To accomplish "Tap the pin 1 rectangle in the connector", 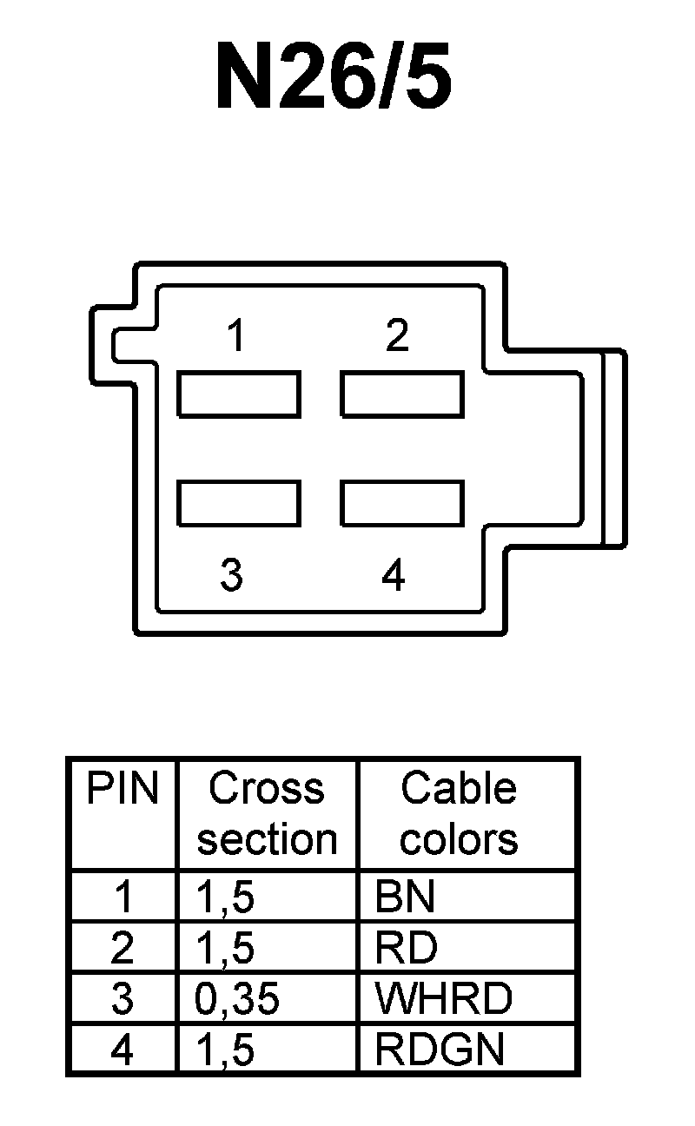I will tap(239, 394).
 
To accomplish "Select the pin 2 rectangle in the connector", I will tap(401, 394).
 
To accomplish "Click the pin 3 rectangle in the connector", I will tap(239, 502).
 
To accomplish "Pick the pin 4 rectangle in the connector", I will tap(401, 502).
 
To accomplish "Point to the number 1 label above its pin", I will tap(235, 335).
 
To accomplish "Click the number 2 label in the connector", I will tap(397, 335).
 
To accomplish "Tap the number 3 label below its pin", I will tap(231, 575).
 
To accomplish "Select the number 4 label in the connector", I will tap(394, 575).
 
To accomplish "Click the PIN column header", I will tap(122, 789).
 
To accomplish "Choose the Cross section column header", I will tap(267, 814).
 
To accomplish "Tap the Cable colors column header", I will tap(459, 814).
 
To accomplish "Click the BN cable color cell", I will tap(404, 897).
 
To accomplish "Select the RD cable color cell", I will tap(406, 948).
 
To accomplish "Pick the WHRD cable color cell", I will tap(443, 999).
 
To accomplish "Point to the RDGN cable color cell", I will tap(439, 1050).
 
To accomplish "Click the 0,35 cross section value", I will tap(237, 999).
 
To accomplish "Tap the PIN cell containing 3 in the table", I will tap(122, 999).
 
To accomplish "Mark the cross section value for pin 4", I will tap(226, 1050).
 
